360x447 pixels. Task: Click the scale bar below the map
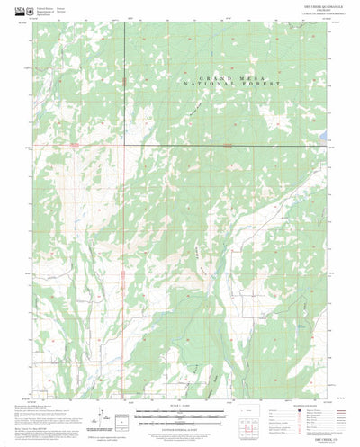coord(180,416)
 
